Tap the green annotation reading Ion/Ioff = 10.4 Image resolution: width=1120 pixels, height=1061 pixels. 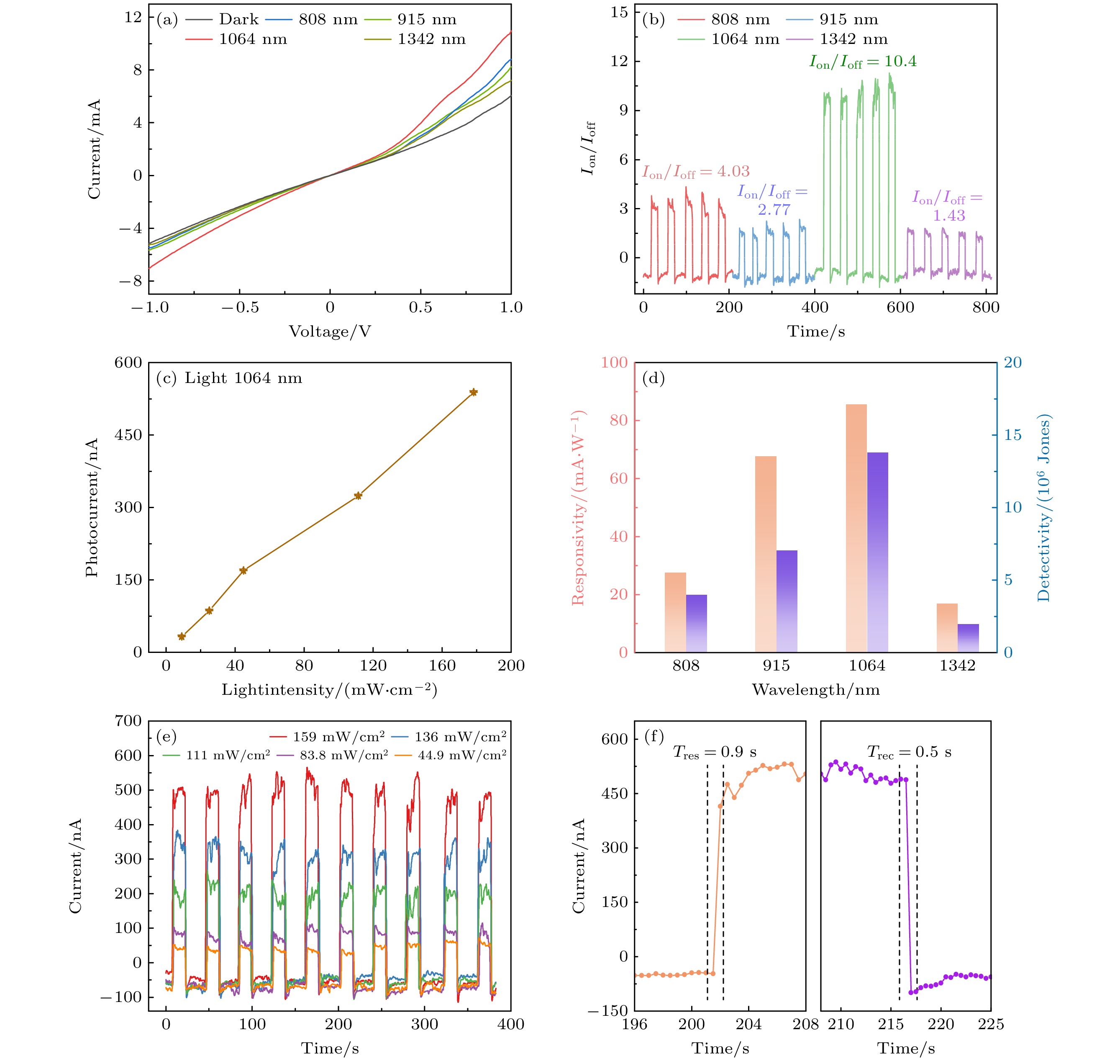coord(863,62)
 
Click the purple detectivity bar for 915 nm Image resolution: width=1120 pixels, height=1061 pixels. coord(787,601)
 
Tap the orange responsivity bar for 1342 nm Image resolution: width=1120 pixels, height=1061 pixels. coord(947,628)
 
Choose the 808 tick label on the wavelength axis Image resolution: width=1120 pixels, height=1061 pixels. coord(686,665)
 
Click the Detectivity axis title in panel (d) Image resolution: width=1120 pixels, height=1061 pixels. coord(1044,507)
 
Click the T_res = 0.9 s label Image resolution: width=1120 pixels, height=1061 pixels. coord(715,752)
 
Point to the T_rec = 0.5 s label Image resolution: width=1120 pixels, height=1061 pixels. coord(909,752)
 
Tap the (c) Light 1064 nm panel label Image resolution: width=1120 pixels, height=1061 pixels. coord(229,378)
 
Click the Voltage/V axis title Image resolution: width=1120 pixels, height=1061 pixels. coord(330,331)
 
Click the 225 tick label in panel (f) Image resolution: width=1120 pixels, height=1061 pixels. coord(991,1024)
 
